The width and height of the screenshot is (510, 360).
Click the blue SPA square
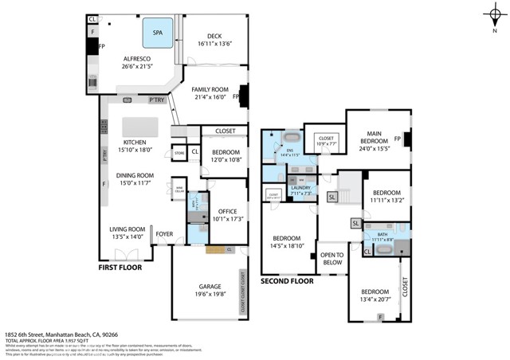point(159,34)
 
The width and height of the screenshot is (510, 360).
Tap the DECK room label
point(214,36)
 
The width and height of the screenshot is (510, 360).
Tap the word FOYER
point(164,233)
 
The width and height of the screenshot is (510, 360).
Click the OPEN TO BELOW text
point(331,258)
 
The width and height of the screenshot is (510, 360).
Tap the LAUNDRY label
point(300,187)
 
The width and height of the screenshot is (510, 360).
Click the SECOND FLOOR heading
point(286,281)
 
